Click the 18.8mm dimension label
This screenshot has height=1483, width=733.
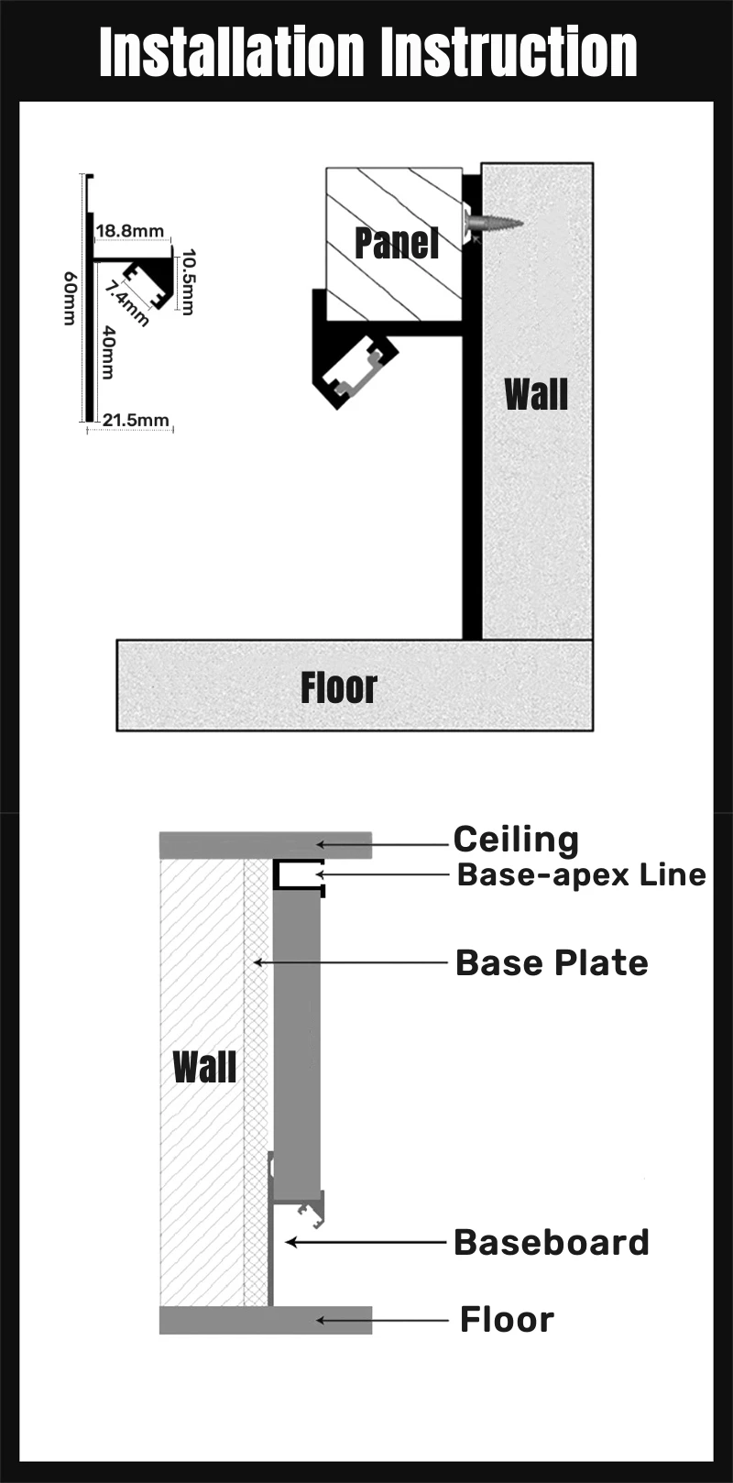130,231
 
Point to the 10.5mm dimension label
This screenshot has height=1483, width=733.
188,282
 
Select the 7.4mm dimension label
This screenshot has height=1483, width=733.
126,303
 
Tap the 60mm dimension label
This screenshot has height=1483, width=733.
70,298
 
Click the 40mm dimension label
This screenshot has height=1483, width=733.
108,353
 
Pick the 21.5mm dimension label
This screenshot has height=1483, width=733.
136,420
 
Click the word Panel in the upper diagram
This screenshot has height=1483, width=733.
396,243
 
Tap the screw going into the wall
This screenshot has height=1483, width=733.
494,223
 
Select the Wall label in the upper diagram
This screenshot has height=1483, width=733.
536,395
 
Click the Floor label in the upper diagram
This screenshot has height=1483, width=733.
339,687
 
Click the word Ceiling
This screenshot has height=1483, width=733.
516,840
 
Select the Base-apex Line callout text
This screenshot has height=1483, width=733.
582,874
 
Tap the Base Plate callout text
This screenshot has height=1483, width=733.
552,962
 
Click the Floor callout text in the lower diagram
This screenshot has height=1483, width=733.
507,1320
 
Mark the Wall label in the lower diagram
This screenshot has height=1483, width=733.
204,1067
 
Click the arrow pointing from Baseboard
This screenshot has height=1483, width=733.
366,1243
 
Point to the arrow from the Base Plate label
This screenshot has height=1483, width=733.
352,962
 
